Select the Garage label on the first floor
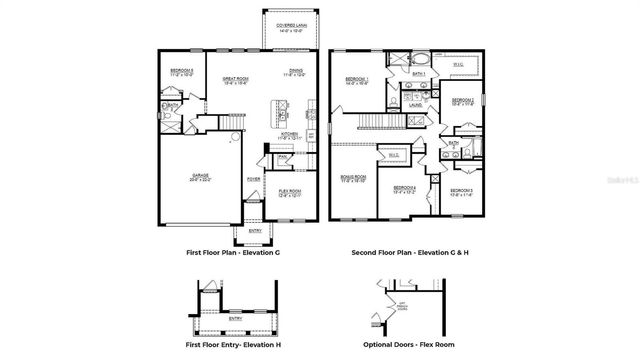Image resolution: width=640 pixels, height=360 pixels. (201, 177)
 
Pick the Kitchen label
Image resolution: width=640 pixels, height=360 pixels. (289, 135)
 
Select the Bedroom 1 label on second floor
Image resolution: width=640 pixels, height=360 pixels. (357, 78)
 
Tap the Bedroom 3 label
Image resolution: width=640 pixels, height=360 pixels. (461, 190)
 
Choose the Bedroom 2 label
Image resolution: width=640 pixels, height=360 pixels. (462, 101)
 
